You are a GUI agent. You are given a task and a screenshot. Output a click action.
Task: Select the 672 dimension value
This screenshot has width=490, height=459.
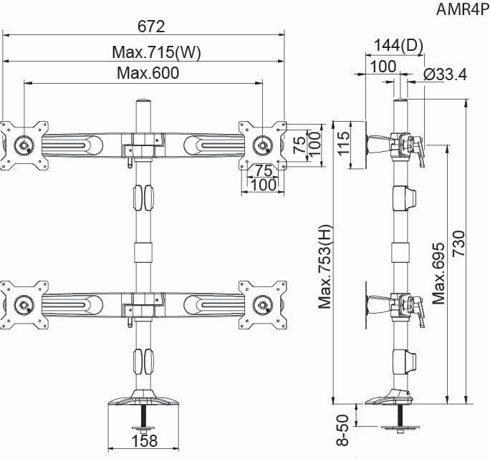click(151, 26)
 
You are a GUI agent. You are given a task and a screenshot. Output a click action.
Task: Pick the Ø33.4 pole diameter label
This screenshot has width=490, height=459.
click(445, 73)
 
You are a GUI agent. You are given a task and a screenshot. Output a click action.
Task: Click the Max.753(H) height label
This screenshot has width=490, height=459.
click(327, 266)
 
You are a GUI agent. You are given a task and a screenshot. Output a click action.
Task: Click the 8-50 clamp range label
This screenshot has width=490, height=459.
click(342, 429)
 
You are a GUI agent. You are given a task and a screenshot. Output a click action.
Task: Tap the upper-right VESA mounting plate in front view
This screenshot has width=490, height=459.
click(262, 145)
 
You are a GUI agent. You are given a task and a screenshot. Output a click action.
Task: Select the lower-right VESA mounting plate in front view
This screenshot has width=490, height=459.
click(262, 305)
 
